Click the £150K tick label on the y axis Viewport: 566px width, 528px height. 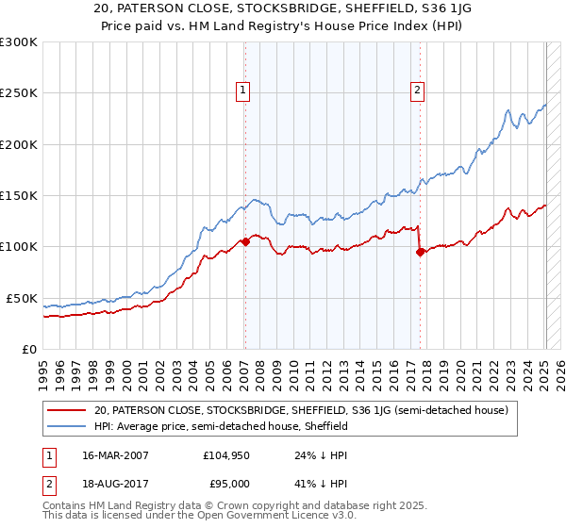coord(18,196)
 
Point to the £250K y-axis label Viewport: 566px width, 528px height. coord(18,93)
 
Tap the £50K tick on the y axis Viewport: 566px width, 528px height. coord(21,298)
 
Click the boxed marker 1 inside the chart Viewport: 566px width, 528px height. coord(243,91)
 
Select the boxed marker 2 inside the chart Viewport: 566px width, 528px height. coord(417,91)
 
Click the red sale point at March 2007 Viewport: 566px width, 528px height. coord(245,241)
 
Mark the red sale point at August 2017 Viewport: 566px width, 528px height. coord(420,252)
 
